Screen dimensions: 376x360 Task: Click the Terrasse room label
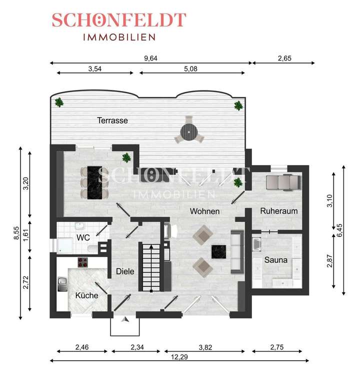112,120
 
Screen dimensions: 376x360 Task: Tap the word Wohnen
204,211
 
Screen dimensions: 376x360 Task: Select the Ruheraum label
278,211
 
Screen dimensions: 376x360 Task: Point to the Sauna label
275,260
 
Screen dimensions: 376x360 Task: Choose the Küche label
86,295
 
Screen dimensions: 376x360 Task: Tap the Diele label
125,271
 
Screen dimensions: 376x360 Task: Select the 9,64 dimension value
150,58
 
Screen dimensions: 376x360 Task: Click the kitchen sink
62,284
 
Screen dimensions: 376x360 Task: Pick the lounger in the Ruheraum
282,182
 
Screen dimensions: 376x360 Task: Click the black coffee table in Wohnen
219,251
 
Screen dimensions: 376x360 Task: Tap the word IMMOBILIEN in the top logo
118,36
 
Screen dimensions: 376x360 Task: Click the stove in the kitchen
83,261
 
